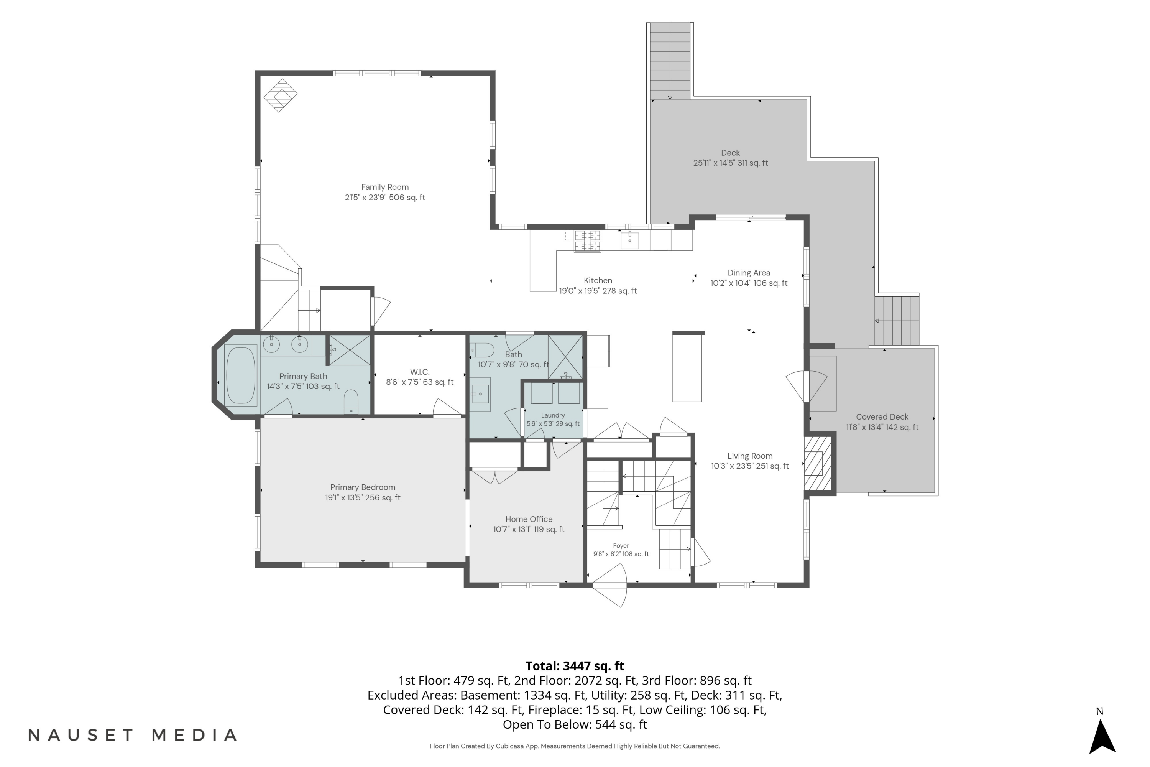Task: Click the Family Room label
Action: coord(385,187)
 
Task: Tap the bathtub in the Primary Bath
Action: coord(241,375)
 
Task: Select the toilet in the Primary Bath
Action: coord(351,402)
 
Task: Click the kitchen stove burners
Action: coord(587,241)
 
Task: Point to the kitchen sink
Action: coord(630,240)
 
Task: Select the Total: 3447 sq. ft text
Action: coord(575,666)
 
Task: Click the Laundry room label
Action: coord(553,415)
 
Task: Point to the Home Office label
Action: coord(529,519)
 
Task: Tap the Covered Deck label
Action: coord(882,417)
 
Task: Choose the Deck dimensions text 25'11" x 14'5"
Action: coord(731,163)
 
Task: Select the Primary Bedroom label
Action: coord(363,487)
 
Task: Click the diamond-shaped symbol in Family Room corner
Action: coord(281,95)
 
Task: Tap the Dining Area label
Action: coord(749,272)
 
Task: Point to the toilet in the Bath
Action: coord(482,350)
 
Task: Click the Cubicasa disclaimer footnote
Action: coord(575,746)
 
